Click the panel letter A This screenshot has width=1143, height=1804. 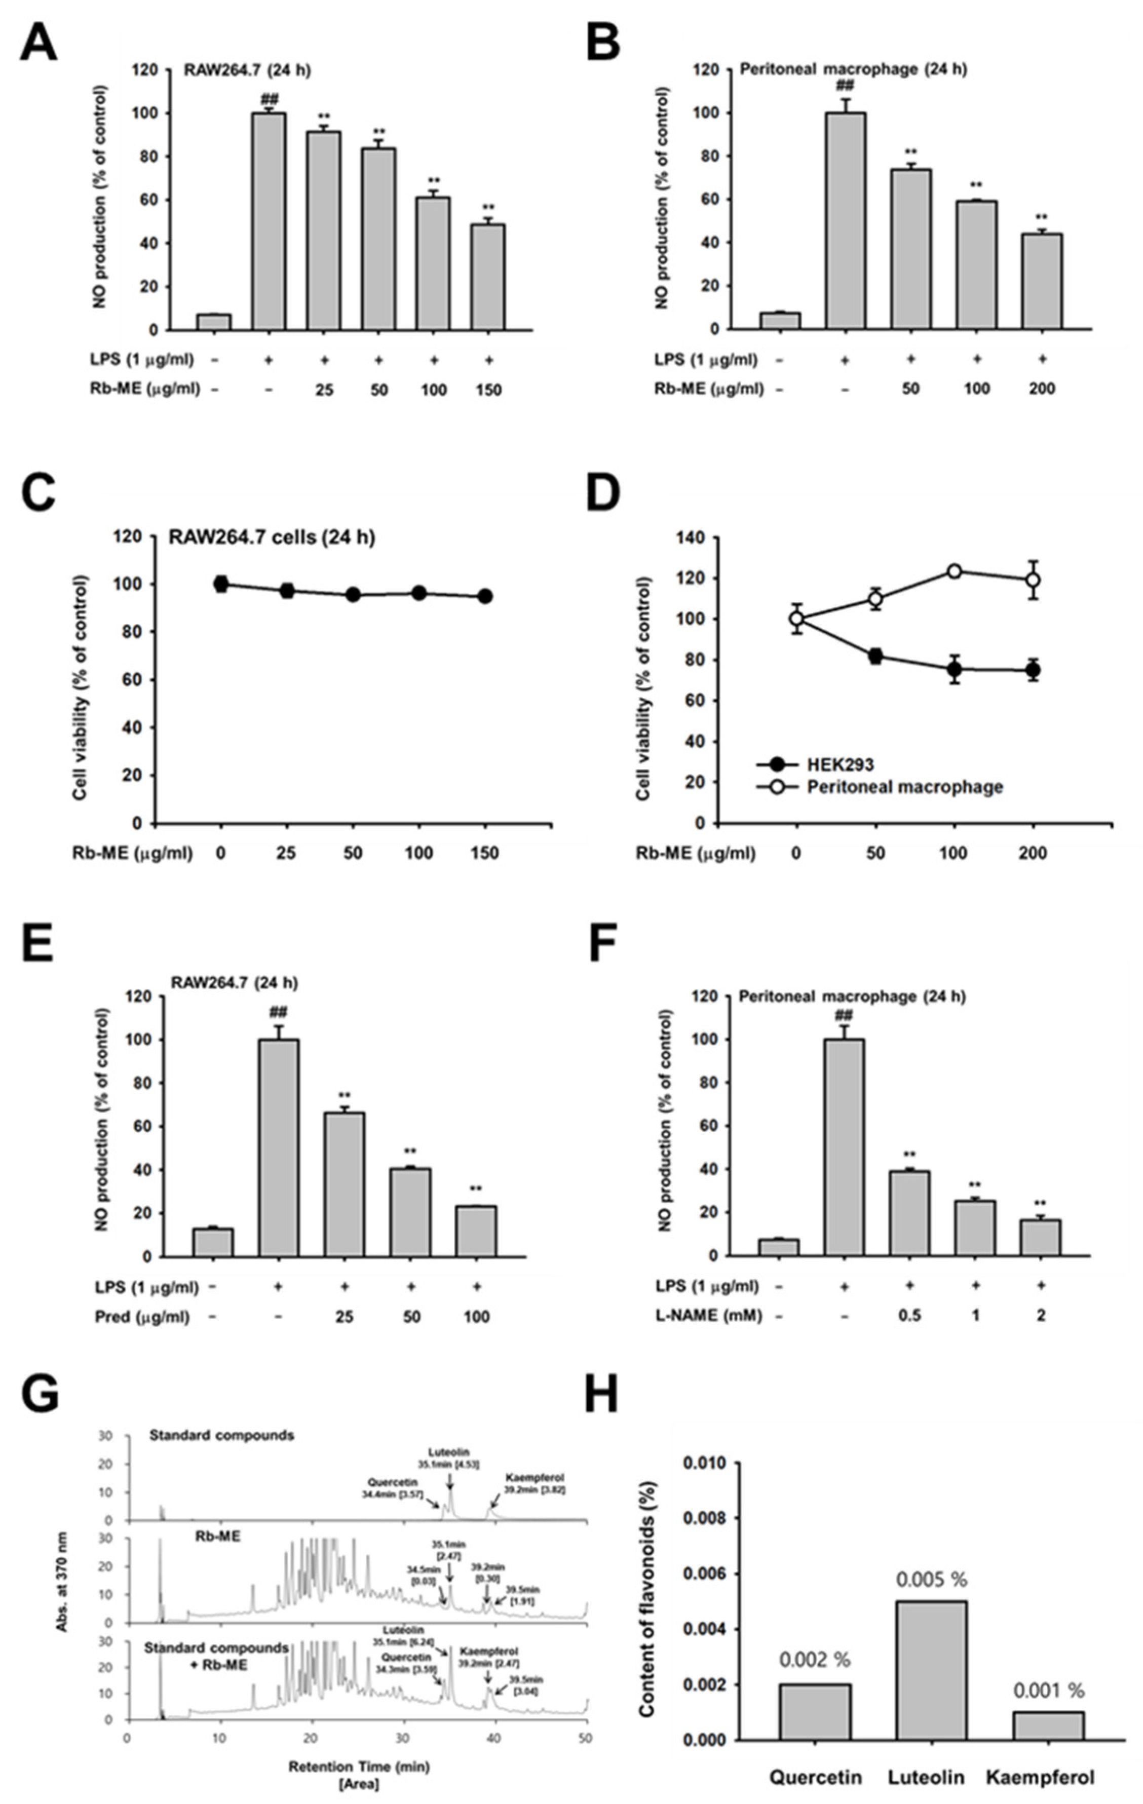(x=37, y=44)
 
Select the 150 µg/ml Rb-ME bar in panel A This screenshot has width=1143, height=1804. (x=487, y=277)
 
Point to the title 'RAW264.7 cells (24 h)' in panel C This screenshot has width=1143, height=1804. (x=271, y=538)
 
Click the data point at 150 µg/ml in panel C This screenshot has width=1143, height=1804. (x=485, y=596)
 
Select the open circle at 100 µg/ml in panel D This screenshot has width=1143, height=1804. (x=954, y=571)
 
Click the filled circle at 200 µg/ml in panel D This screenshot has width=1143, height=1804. (x=1034, y=670)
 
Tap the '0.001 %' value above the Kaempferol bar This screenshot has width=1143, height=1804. (x=1048, y=1690)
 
